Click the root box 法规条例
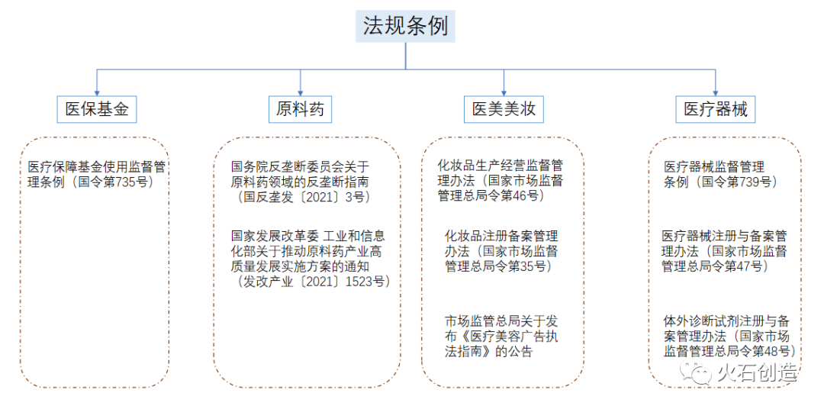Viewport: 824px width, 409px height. click(x=405, y=27)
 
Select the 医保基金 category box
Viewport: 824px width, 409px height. click(x=97, y=109)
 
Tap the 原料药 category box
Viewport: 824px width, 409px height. click(x=301, y=109)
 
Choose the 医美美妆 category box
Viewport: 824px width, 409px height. click(x=504, y=109)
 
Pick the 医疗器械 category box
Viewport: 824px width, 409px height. click(x=716, y=109)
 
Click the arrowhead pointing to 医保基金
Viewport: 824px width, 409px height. click(x=97, y=92)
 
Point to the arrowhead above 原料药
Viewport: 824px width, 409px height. click(x=301, y=92)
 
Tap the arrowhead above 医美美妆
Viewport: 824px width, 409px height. click(x=504, y=92)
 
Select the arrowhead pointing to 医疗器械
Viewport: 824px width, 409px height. click(x=716, y=92)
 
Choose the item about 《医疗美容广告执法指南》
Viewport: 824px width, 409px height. click(x=501, y=337)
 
